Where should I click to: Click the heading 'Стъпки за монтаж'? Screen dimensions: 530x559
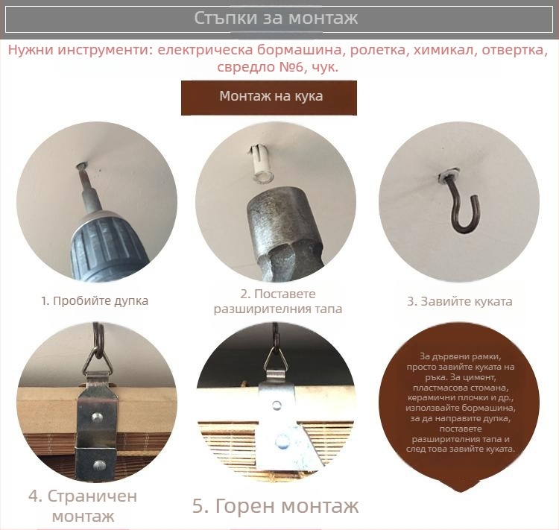(276, 18)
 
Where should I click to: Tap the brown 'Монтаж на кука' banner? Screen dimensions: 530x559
(270, 97)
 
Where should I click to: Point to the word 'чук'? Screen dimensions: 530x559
(322, 67)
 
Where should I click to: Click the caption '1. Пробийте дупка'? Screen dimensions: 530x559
(95, 301)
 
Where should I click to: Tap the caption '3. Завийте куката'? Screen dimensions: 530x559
(459, 302)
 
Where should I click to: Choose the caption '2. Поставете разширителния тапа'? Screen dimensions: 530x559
(278, 301)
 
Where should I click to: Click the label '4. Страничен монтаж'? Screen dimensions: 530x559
(83, 505)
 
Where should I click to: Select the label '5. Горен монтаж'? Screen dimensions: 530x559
(276, 506)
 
